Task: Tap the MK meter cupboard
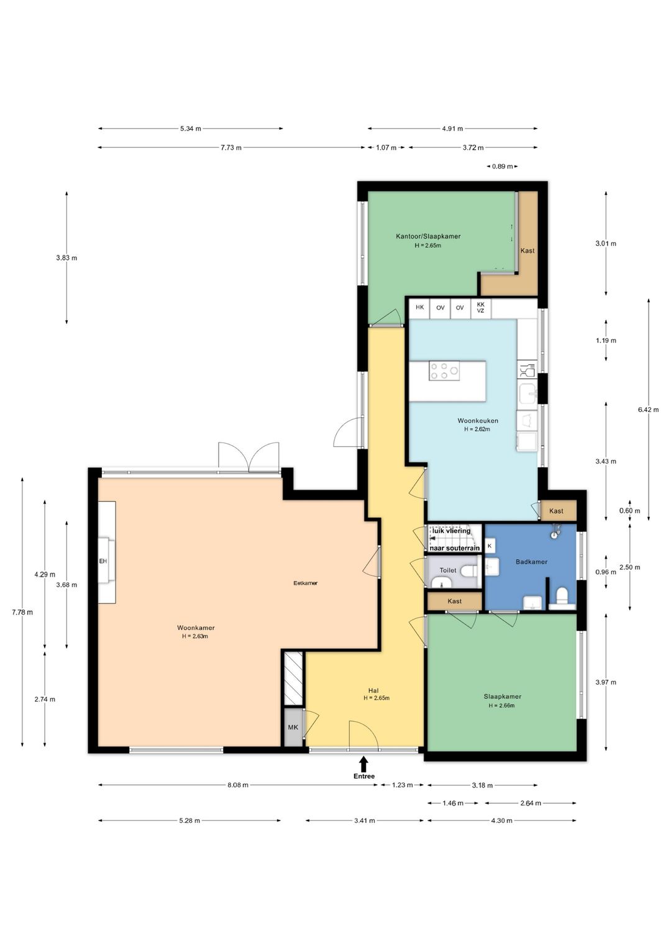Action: point(293,727)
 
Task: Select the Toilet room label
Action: point(448,571)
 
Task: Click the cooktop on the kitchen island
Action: point(444,371)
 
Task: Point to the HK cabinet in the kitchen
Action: point(419,308)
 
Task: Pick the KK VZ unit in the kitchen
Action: point(480,308)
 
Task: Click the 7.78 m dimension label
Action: point(22,612)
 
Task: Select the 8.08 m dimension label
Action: point(237,785)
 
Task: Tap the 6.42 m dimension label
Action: point(648,410)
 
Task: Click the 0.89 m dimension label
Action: point(502,167)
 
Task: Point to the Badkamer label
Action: point(531,562)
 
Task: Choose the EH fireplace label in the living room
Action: point(103,561)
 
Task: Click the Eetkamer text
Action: point(306,583)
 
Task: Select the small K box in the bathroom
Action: point(490,546)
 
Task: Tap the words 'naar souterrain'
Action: point(455,548)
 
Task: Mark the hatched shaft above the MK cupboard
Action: point(293,679)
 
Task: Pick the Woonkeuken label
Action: point(477,421)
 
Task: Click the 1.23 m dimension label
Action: point(402,785)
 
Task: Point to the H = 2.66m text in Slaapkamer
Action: point(501,705)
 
